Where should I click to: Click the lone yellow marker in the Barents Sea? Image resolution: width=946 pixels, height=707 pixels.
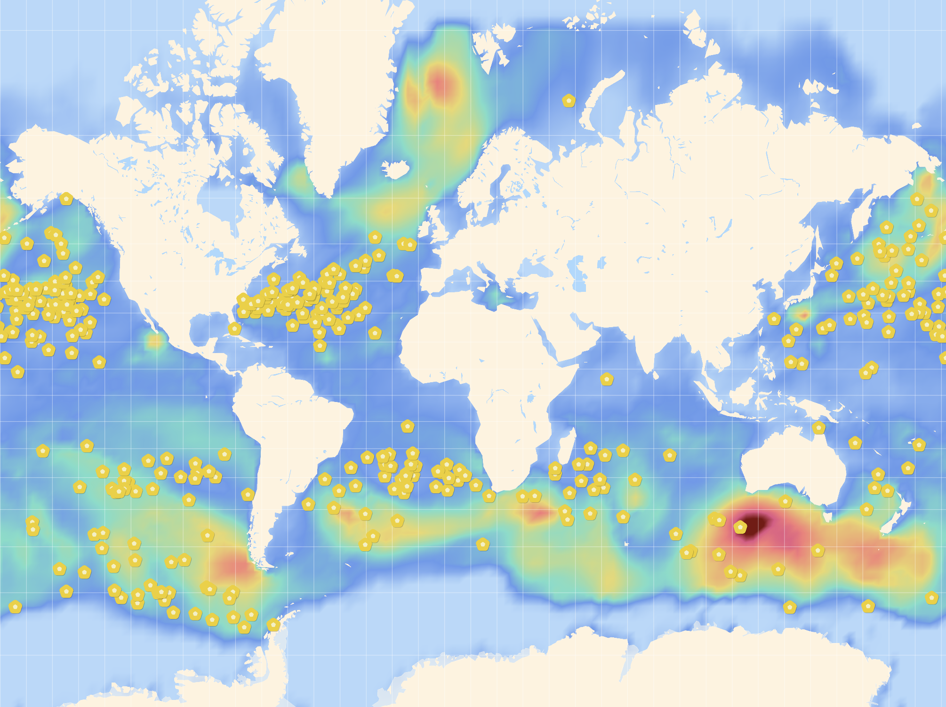click(569, 100)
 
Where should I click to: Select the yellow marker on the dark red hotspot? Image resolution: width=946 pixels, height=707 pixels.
click(740, 527)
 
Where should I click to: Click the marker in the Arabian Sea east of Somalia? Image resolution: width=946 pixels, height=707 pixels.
click(607, 378)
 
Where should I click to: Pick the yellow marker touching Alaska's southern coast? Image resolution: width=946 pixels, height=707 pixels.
click(66, 199)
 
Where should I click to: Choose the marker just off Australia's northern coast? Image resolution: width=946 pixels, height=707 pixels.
click(818, 427)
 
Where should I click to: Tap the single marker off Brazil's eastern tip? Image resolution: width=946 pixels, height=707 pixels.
click(408, 426)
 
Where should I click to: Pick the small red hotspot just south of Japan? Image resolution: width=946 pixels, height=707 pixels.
click(803, 314)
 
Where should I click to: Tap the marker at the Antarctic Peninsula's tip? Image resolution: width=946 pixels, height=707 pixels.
click(273, 625)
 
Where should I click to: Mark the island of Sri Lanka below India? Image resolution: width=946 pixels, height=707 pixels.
click(655, 374)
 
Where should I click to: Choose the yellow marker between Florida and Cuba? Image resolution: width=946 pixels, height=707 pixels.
click(234, 328)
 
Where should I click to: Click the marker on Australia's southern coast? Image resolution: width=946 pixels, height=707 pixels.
click(785, 501)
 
